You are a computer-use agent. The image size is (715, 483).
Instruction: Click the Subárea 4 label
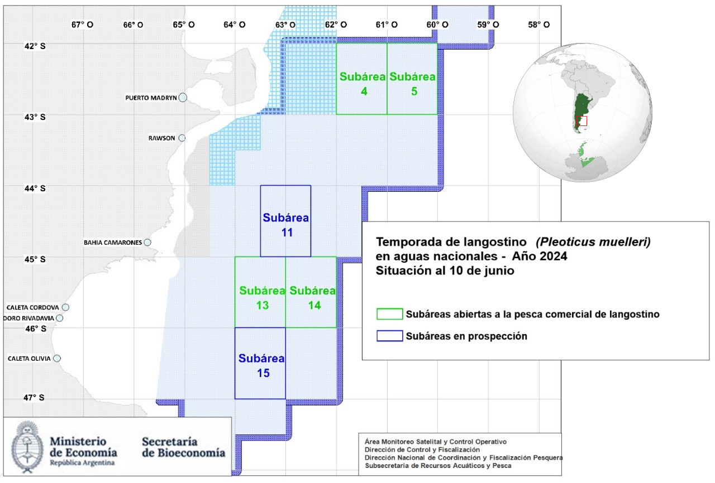(363, 84)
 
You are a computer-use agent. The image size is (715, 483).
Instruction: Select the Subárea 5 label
(412, 84)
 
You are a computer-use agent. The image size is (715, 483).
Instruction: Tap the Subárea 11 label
(286, 225)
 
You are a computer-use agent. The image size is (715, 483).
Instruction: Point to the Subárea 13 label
(263, 298)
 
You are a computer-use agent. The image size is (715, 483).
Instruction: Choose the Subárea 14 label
(313, 298)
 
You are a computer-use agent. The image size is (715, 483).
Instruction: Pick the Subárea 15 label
(261, 366)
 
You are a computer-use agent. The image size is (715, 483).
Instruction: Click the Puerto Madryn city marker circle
(183, 98)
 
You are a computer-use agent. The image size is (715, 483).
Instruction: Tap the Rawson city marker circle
(182, 138)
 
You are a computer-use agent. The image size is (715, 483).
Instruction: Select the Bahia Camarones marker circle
(147, 243)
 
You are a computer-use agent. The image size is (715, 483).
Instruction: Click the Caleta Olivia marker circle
(57, 359)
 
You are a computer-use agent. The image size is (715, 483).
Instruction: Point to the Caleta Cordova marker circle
(65, 307)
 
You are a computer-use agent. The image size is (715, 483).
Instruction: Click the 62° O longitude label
(336, 25)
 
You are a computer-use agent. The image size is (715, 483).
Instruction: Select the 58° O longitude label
(539, 25)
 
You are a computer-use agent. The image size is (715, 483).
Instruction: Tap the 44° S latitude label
(35, 189)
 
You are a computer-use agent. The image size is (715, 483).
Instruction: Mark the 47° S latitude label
(34, 398)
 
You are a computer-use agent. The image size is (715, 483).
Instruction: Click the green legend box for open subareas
(390, 314)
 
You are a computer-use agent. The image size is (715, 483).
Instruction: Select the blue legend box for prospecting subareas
(390, 336)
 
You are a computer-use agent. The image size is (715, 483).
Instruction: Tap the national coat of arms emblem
(27, 447)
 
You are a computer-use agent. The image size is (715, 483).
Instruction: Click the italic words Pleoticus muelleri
(593, 242)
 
